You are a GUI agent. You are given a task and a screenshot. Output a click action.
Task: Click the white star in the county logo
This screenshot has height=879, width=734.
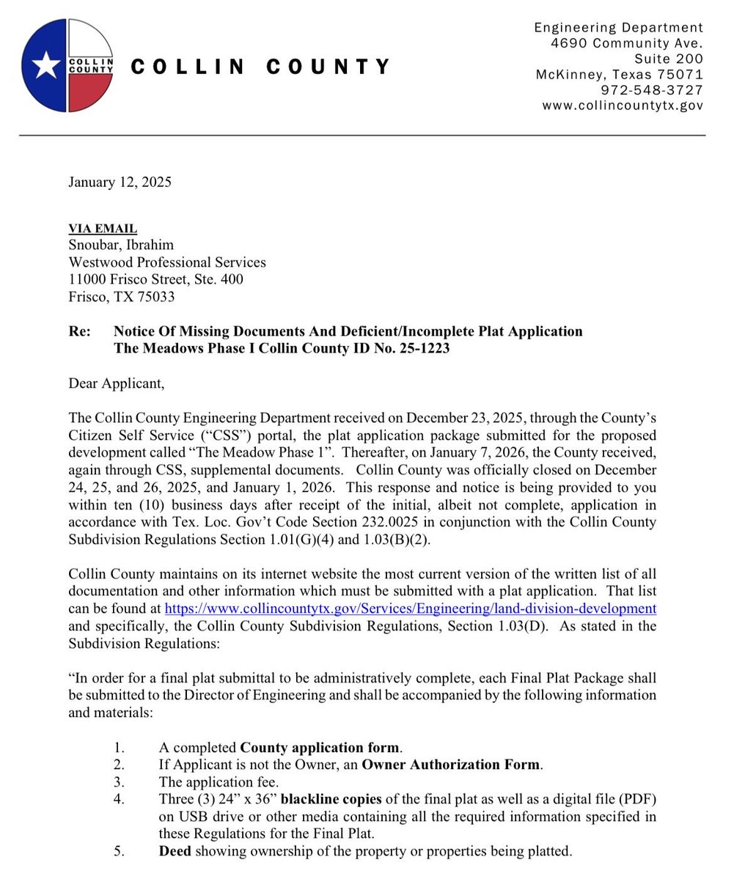(x=45, y=65)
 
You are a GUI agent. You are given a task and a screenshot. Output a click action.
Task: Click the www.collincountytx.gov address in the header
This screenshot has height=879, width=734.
(x=623, y=106)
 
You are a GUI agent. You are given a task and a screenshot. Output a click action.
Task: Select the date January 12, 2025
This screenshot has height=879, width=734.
(x=120, y=183)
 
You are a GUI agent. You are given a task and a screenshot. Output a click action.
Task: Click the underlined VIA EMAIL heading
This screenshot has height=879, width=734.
(x=103, y=229)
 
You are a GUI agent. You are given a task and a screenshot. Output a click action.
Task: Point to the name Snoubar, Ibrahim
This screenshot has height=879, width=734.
(x=121, y=245)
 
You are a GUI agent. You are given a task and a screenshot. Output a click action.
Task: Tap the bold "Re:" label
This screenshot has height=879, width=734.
(x=79, y=331)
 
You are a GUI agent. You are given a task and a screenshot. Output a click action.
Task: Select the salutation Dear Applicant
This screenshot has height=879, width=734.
(x=117, y=383)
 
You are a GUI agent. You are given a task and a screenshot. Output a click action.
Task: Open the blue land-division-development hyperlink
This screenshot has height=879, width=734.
(x=410, y=608)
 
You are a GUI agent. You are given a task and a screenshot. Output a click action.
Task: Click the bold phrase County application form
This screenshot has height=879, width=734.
(x=320, y=748)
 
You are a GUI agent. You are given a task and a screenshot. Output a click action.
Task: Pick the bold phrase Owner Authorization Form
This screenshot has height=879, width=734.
(x=451, y=765)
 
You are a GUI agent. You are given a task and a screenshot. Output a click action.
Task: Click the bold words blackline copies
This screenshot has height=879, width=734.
(x=330, y=799)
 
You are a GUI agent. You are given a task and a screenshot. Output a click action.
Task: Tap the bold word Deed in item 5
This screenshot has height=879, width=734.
(x=175, y=851)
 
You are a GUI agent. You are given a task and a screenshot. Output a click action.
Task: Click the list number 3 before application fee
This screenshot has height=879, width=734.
(x=120, y=782)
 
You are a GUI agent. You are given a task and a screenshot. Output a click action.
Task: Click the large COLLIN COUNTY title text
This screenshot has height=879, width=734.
(x=261, y=67)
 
